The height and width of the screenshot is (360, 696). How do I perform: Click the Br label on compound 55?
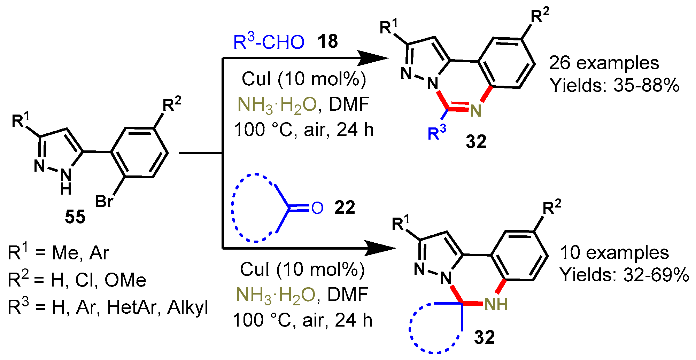click(x=104, y=201)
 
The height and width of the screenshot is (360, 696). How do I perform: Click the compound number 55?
click(x=75, y=217)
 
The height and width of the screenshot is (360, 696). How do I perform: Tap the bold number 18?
click(x=327, y=41)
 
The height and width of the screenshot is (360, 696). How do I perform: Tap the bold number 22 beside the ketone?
click(x=345, y=208)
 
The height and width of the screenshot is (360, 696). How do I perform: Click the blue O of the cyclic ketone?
click(x=317, y=208)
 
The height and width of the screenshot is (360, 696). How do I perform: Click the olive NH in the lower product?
click(x=496, y=305)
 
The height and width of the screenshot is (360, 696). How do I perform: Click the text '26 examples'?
click(x=604, y=63)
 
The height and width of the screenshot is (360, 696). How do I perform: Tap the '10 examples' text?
click(x=614, y=253)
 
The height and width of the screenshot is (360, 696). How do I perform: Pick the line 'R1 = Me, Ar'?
click(x=58, y=253)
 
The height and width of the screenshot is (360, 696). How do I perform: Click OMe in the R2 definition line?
click(x=125, y=280)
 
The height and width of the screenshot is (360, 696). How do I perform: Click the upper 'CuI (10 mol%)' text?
click(x=304, y=79)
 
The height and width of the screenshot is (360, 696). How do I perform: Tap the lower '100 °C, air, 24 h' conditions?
click(x=302, y=320)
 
